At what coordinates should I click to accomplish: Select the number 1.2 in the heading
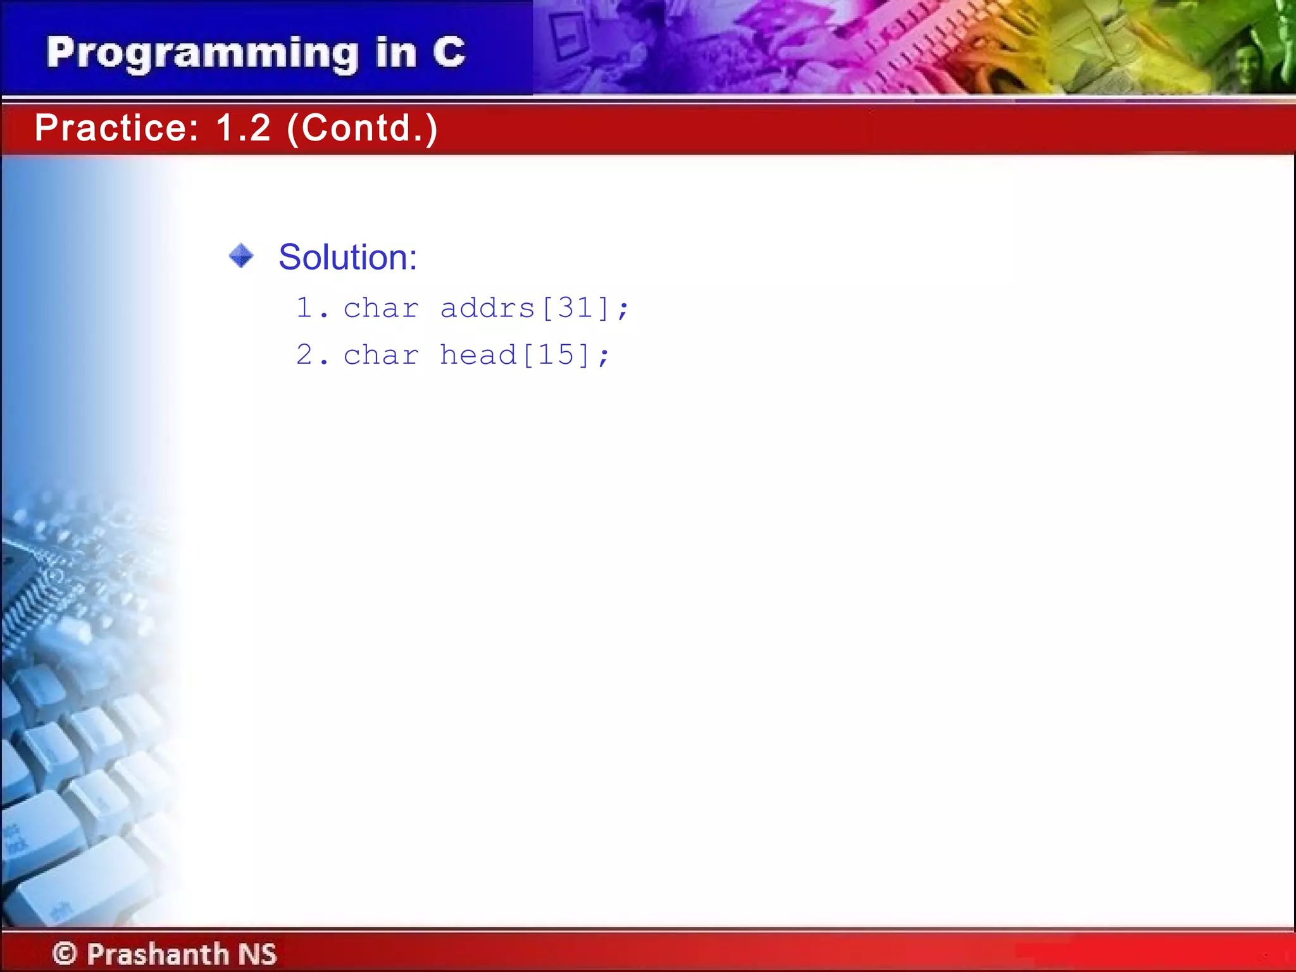click(243, 128)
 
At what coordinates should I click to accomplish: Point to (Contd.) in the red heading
click(362, 128)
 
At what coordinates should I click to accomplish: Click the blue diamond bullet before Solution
click(241, 256)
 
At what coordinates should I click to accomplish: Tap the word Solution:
click(347, 258)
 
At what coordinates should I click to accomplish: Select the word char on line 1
click(381, 309)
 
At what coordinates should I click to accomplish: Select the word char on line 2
click(381, 355)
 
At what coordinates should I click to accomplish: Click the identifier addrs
click(487, 309)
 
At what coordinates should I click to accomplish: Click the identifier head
click(478, 355)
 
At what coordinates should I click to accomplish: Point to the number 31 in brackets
click(575, 309)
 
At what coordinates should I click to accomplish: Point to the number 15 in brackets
click(556, 355)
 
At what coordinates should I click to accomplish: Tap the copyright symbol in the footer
click(65, 953)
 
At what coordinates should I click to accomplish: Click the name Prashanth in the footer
click(158, 954)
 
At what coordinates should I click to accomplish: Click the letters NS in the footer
click(258, 954)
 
